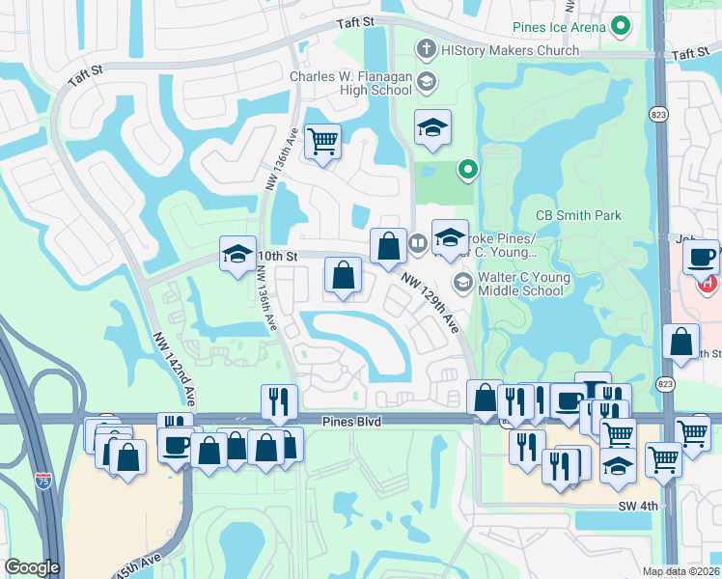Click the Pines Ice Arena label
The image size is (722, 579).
(559, 26)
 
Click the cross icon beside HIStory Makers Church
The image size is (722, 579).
(425, 48)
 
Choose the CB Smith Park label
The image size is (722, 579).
(579, 215)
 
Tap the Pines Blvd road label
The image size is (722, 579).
(353, 422)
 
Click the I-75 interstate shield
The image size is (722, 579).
(42, 479)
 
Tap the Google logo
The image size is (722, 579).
(32, 567)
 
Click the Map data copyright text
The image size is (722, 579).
(681, 571)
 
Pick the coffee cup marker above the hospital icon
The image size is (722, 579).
(702, 257)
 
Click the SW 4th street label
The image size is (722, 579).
(637, 506)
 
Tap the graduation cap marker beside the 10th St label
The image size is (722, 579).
(237, 254)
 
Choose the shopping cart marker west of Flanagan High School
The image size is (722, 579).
(322, 142)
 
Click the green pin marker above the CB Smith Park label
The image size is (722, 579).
(468, 171)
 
